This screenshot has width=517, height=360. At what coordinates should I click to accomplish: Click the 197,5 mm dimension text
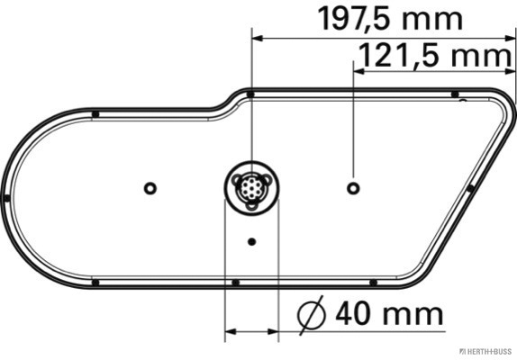tap(391, 19)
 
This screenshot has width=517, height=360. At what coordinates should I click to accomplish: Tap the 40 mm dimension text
tap(389, 314)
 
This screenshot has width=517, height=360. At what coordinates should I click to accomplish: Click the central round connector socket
tap(251, 189)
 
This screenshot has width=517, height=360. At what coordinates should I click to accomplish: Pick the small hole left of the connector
tap(150, 187)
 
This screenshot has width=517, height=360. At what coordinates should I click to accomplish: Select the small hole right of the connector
tap(353, 187)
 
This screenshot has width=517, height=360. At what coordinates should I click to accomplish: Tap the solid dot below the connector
tap(251, 241)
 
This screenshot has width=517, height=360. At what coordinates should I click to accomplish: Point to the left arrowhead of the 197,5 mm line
tap(257, 38)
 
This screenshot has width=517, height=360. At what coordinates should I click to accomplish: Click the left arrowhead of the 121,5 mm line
tap(358, 71)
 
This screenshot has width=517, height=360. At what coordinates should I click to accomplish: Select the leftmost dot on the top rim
tap(95, 112)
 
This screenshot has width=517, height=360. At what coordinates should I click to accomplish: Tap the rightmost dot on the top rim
tap(455, 94)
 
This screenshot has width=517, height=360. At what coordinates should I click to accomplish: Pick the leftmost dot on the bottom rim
tap(95, 282)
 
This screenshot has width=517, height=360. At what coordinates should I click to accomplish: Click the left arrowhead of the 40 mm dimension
tap(229, 331)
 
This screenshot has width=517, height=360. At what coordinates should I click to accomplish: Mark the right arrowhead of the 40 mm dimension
tap(274, 331)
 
